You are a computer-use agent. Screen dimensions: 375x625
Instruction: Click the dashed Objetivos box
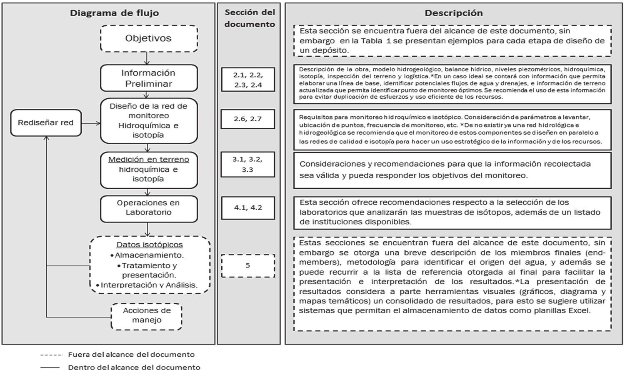click(149, 38)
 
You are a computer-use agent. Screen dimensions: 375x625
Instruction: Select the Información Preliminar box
click(149, 78)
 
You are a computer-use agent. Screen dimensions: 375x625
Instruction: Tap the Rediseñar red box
click(46, 122)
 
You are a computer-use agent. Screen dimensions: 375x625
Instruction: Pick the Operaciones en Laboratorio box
click(149, 208)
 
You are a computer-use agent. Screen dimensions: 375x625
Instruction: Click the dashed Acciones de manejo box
click(147, 316)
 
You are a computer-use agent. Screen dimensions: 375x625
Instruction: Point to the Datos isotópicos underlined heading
click(149, 245)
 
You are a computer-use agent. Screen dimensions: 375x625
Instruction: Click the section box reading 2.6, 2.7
click(247, 119)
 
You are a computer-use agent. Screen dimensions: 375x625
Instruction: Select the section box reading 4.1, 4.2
click(247, 207)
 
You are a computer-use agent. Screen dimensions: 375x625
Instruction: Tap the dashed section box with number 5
click(247, 265)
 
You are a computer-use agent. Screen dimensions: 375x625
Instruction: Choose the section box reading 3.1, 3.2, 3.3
click(247, 164)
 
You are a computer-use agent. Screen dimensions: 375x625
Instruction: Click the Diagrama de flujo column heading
click(114, 13)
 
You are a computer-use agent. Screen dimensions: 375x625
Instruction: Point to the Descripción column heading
click(453, 13)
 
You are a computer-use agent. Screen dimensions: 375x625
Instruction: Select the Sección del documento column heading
click(250, 18)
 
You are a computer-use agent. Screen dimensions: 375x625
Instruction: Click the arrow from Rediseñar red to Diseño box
click(91, 123)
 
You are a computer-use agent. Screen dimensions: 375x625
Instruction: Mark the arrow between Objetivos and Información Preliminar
click(147, 58)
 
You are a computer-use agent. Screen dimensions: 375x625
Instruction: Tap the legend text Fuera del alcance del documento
click(131, 355)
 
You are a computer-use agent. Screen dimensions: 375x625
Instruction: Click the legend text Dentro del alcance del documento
click(134, 367)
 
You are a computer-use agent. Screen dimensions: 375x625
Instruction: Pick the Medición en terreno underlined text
click(149, 159)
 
